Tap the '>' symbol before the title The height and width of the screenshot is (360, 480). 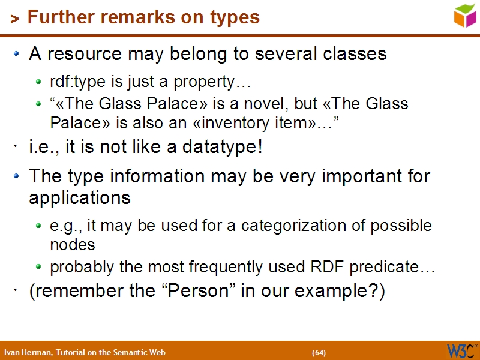(15, 19)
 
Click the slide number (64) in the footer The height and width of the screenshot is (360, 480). (319, 352)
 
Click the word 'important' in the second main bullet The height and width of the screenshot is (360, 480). (351, 176)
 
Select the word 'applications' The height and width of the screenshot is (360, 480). (80, 197)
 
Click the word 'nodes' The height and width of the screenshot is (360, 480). (73, 245)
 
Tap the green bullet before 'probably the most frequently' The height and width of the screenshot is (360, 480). (39, 267)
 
